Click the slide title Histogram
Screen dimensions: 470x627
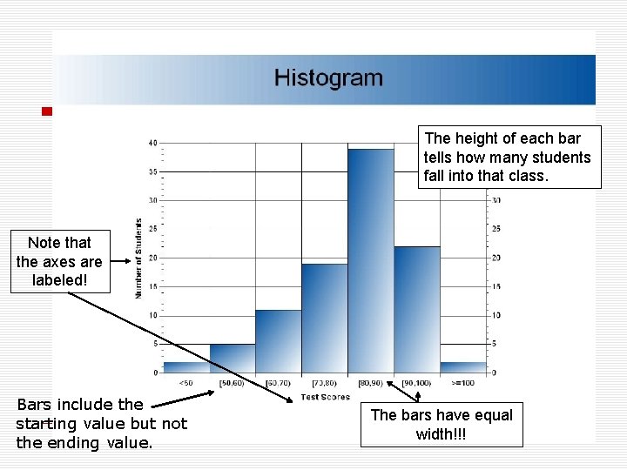pos(328,78)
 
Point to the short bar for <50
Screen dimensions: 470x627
pos(186,367)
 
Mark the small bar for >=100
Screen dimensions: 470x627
pos(462,367)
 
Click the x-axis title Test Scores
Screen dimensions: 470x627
pos(325,397)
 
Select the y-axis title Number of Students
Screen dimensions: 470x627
pos(138,258)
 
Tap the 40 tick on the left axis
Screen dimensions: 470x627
pos(152,143)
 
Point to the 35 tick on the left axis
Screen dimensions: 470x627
pos(152,172)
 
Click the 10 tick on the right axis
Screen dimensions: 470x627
pos(495,315)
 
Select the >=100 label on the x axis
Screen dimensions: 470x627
pos(462,383)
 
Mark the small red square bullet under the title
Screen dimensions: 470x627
pos(47,111)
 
